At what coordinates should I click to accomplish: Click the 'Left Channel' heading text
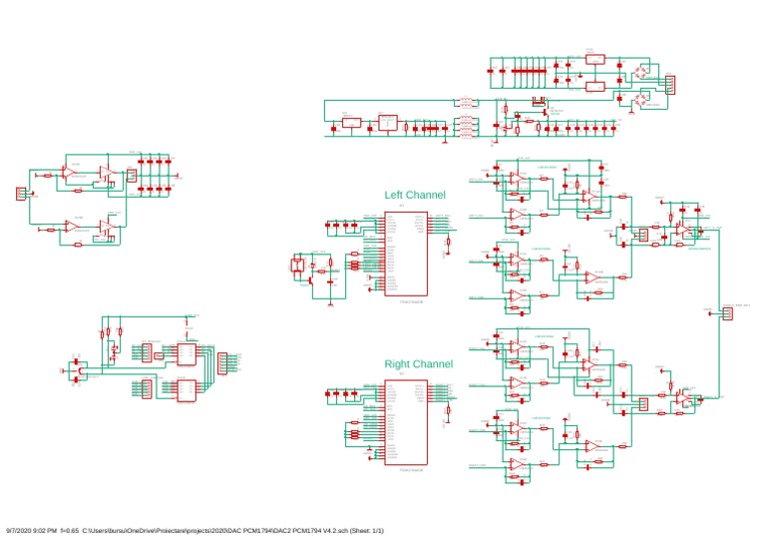click(415, 195)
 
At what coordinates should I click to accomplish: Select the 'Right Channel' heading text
click(419, 364)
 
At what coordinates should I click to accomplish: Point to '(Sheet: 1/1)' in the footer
click(364, 529)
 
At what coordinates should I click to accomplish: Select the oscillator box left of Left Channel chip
click(296, 266)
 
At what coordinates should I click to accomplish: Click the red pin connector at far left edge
click(21, 193)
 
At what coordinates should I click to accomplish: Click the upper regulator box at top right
click(593, 62)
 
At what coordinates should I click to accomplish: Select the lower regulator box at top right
click(593, 89)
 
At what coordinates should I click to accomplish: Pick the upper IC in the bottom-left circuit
click(187, 353)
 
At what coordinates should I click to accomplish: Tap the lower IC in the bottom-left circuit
click(187, 389)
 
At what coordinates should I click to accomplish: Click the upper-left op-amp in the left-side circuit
click(71, 173)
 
